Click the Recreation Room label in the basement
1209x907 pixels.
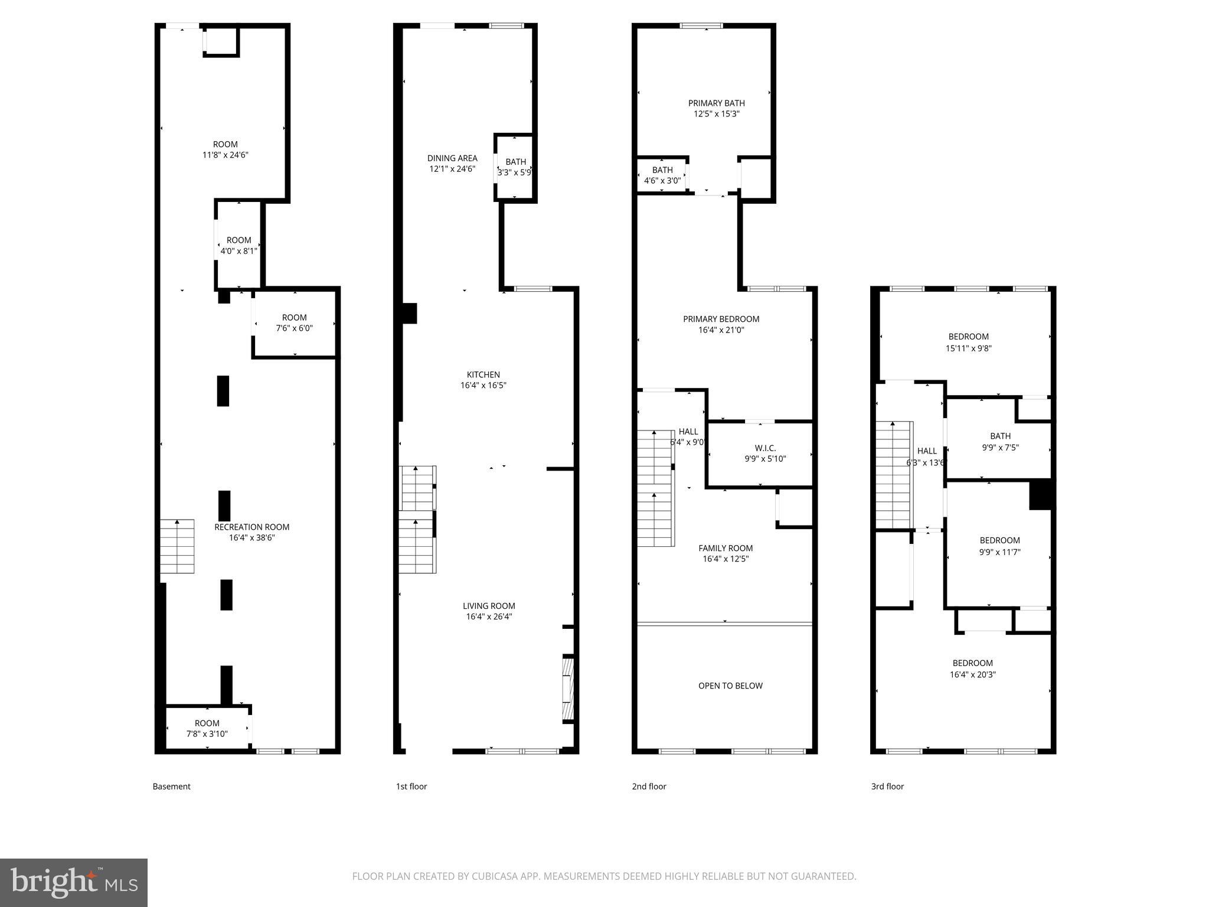click(x=251, y=527)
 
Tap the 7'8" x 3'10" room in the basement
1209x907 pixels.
click(x=207, y=729)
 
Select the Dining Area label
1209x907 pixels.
click(x=452, y=158)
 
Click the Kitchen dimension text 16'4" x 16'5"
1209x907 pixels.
click(x=483, y=386)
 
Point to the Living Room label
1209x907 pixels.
click(x=489, y=606)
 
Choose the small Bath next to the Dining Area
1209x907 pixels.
click(x=515, y=167)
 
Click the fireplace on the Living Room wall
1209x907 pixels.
click(x=567, y=689)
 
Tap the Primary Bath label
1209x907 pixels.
click(x=716, y=103)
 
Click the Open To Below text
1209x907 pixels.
click(x=730, y=686)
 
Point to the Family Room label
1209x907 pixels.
click(x=726, y=548)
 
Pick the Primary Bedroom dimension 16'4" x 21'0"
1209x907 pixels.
click(x=721, y=330)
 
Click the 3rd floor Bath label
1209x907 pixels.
click(x=1000, y=436)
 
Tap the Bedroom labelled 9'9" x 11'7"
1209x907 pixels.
click(x=999, y=546)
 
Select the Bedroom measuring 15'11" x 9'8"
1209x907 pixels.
click(x=968, y=342)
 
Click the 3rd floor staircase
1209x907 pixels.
click(x=894, y=475)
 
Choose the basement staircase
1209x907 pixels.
click(x=177, y=546)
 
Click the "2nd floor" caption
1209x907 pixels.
click(x=649, y=787)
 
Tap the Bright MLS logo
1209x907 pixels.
click(x=74, y=883)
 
